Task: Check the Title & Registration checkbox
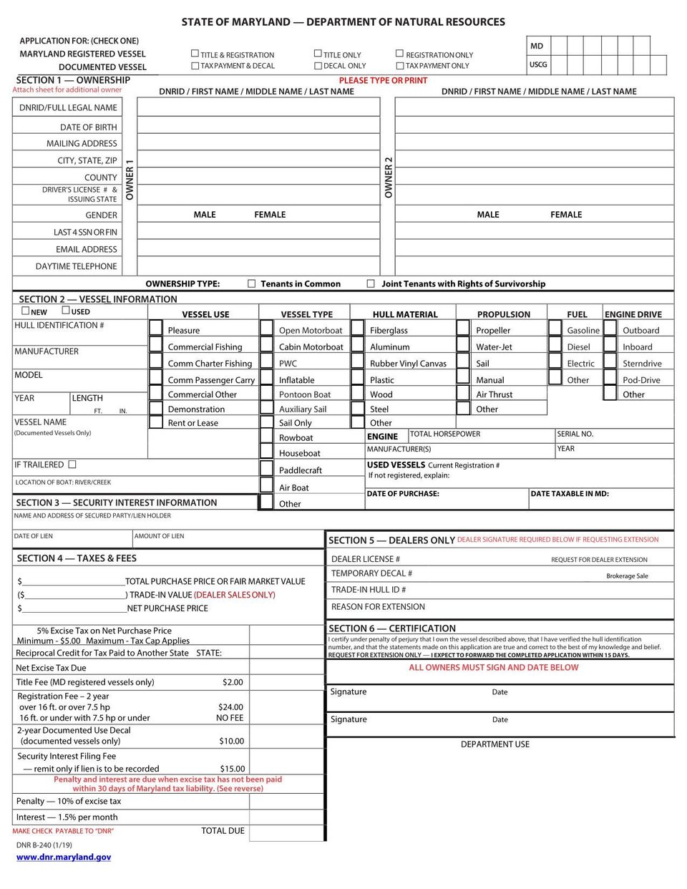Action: pos(195,54)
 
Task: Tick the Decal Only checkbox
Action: pos(318,65)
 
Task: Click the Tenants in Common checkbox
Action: pos(251,283)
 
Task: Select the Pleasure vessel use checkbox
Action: pos(155,328)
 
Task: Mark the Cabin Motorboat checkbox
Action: pos(266,345)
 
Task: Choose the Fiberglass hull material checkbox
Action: pos(357,328)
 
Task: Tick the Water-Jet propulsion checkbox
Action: pos(463,345)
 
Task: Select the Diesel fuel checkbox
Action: pos(555,345)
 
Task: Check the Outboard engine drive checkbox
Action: pos(610,328)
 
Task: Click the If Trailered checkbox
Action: pos(72,465)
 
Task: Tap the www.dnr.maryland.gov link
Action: pos(64,857)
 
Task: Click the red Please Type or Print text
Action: pos(383,80)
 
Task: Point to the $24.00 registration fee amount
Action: pos(230,707)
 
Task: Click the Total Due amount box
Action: pos(286,832)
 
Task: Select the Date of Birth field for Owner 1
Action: pos(258,125)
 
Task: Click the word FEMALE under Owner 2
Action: pos(566,215)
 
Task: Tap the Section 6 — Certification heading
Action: pos(392,628)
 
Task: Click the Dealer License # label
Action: pos(366,559)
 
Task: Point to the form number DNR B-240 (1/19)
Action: pos(44,845)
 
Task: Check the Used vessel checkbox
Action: pos(66,311)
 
